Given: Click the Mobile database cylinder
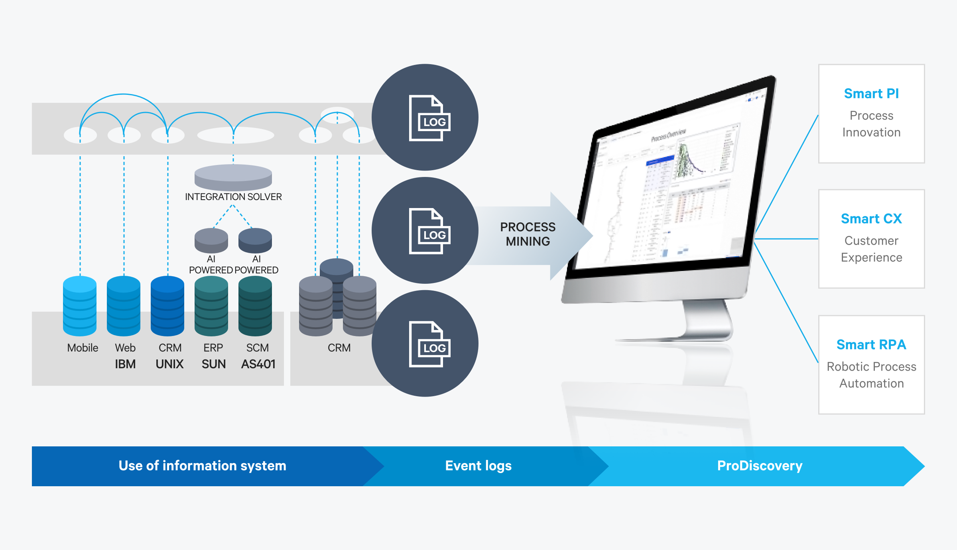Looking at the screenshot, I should coord(80,306).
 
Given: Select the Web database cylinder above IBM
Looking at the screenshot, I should coord(124,306).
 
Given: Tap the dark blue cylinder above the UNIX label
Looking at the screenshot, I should coord(167,306).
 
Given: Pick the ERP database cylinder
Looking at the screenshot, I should coord(211,306).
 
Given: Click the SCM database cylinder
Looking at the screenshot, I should coord(255,306).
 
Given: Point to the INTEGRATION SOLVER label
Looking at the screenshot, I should coord(233,197).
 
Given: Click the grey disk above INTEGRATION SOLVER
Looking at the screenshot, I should coord(233,177).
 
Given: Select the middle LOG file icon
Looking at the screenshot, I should coord(429,231).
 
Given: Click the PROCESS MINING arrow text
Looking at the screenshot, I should coord(528,234).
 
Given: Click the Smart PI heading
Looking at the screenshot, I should coord(871,94).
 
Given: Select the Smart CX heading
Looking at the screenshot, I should coord(871,219).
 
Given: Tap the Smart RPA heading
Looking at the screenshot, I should coord(871,345).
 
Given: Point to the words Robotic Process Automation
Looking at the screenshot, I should coord(871,375).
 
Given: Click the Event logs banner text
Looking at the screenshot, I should coord(478,466).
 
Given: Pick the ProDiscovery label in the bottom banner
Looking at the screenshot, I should coord(760,466).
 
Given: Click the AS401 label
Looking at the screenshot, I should coord(258,364).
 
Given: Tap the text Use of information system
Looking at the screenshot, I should coord(202,466).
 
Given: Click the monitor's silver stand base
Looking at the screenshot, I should coord(674,339).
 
